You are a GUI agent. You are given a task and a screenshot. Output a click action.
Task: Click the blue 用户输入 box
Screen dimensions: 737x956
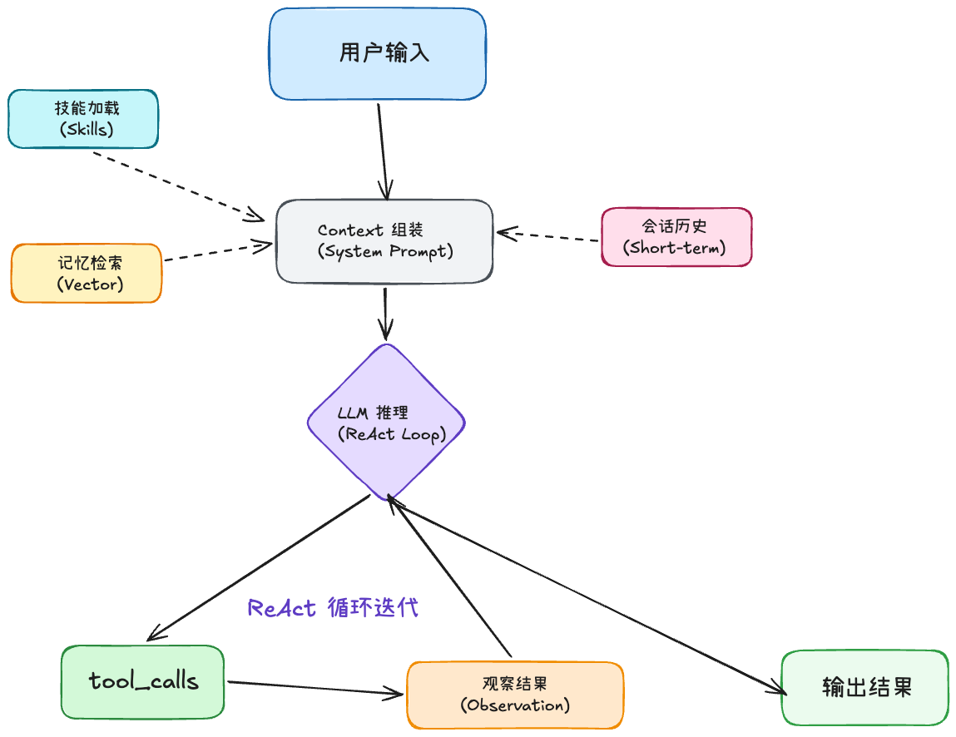coord(377,54)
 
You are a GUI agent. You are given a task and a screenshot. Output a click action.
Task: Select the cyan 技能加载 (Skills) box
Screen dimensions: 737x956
coord(82,118)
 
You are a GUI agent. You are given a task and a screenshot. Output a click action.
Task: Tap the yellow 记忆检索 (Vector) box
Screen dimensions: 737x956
coord(86,273)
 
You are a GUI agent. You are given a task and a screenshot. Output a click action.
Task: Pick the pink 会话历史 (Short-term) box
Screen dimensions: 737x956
coord(676,236)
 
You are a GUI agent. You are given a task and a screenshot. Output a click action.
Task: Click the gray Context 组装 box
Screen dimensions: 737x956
coord(384,241)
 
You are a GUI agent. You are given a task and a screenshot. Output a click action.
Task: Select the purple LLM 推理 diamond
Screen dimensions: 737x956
coord(386,423)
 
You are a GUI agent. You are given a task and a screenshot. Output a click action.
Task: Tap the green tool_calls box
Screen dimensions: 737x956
coord(143,681)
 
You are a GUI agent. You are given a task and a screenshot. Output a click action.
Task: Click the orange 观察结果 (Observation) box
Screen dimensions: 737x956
coord(514,695)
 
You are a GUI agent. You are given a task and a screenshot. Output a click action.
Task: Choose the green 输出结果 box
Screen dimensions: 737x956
coord(864,687)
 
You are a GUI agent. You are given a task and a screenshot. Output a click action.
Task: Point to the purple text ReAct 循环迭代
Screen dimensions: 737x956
coord(333,608)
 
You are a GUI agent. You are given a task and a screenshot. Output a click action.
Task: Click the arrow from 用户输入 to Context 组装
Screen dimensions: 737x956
coord(383,150)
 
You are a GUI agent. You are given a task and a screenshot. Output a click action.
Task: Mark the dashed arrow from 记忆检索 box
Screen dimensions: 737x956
coord(216,253)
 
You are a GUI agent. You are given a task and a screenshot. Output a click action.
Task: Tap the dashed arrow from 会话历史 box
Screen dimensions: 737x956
coord(549,236)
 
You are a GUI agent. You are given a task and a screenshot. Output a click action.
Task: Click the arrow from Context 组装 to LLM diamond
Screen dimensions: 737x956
coord(384,312)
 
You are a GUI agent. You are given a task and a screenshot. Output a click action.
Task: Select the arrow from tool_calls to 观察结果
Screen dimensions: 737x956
coord(316,687)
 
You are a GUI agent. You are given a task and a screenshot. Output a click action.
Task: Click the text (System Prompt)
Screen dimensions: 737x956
coord(385,251)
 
